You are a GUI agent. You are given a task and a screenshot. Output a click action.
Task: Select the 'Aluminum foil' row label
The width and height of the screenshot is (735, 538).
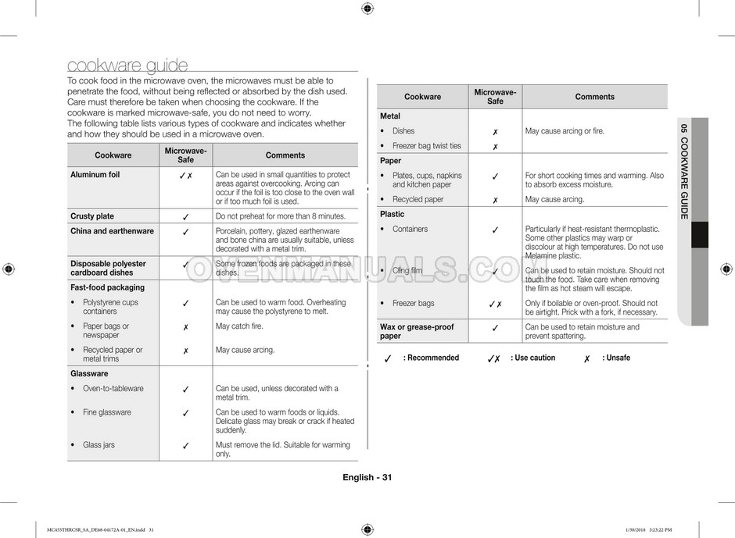tap(95, 175)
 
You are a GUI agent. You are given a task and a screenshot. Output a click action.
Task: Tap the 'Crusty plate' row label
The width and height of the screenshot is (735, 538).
tap(92, 216)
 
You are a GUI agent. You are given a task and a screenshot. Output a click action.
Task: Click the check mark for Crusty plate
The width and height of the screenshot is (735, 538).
tap(185, 217)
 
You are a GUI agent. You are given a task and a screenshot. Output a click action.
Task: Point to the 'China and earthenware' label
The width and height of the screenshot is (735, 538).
tap(112, 231)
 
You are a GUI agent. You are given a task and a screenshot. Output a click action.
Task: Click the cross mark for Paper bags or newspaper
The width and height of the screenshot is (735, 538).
tap(185, 327)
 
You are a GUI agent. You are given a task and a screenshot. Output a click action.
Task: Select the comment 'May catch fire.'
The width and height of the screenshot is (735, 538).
tap(239, 326)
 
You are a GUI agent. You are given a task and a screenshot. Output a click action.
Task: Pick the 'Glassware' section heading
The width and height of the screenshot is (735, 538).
tap(89, 374)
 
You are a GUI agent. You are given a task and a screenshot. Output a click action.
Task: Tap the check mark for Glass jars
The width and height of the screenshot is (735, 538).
tap(185, 446)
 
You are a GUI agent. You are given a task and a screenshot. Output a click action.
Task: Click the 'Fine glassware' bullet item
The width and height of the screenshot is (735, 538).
tap(106, 412)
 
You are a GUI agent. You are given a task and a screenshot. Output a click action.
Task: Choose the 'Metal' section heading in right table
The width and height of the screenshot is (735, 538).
tap(389, 116)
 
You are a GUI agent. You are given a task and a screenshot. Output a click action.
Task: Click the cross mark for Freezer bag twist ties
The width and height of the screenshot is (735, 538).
tap(495, 147)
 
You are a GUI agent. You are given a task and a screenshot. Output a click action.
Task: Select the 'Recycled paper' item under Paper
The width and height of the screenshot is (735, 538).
tap(418, 200)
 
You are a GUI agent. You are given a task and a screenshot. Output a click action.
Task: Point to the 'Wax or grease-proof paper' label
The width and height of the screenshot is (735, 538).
tap(417, 331)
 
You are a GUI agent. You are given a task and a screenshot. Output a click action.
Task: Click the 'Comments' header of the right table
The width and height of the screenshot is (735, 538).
tap(594, 97)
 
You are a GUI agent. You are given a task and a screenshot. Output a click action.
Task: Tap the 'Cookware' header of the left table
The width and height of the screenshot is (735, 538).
tap(113, 155)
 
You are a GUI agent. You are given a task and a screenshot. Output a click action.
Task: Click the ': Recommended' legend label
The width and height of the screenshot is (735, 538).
tap(431, 358)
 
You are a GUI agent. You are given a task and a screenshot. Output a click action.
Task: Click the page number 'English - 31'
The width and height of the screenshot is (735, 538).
tap(367, 478)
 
